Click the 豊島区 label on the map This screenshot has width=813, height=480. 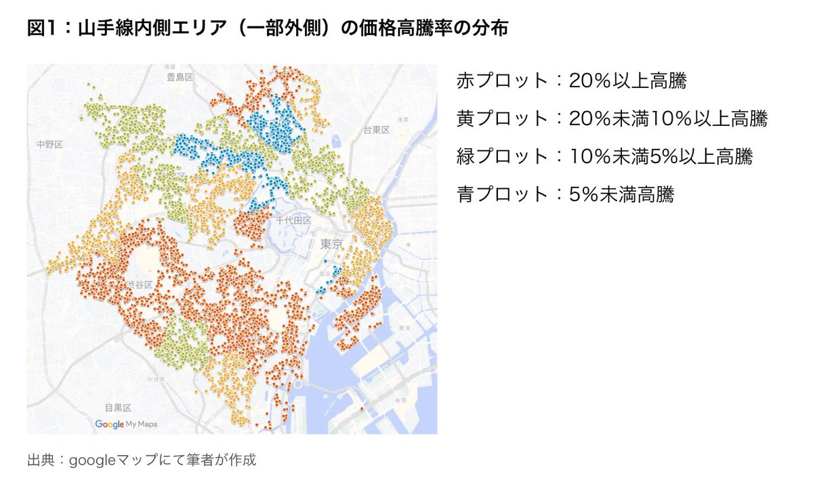[x=180, y=77]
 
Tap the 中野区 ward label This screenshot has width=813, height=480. [x=50, y=144]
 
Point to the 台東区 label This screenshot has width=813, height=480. [x=375, y=129]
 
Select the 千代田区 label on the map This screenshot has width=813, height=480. [x=293, y=221]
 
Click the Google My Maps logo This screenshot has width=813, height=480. [x=126, y=424]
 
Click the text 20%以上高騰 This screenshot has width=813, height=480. [x=627, y=81]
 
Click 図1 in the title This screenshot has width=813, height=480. [x=41, y=30]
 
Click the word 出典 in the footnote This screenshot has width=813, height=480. [x=39, y=460]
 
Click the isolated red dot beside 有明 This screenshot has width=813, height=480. [x=362, y=409]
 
